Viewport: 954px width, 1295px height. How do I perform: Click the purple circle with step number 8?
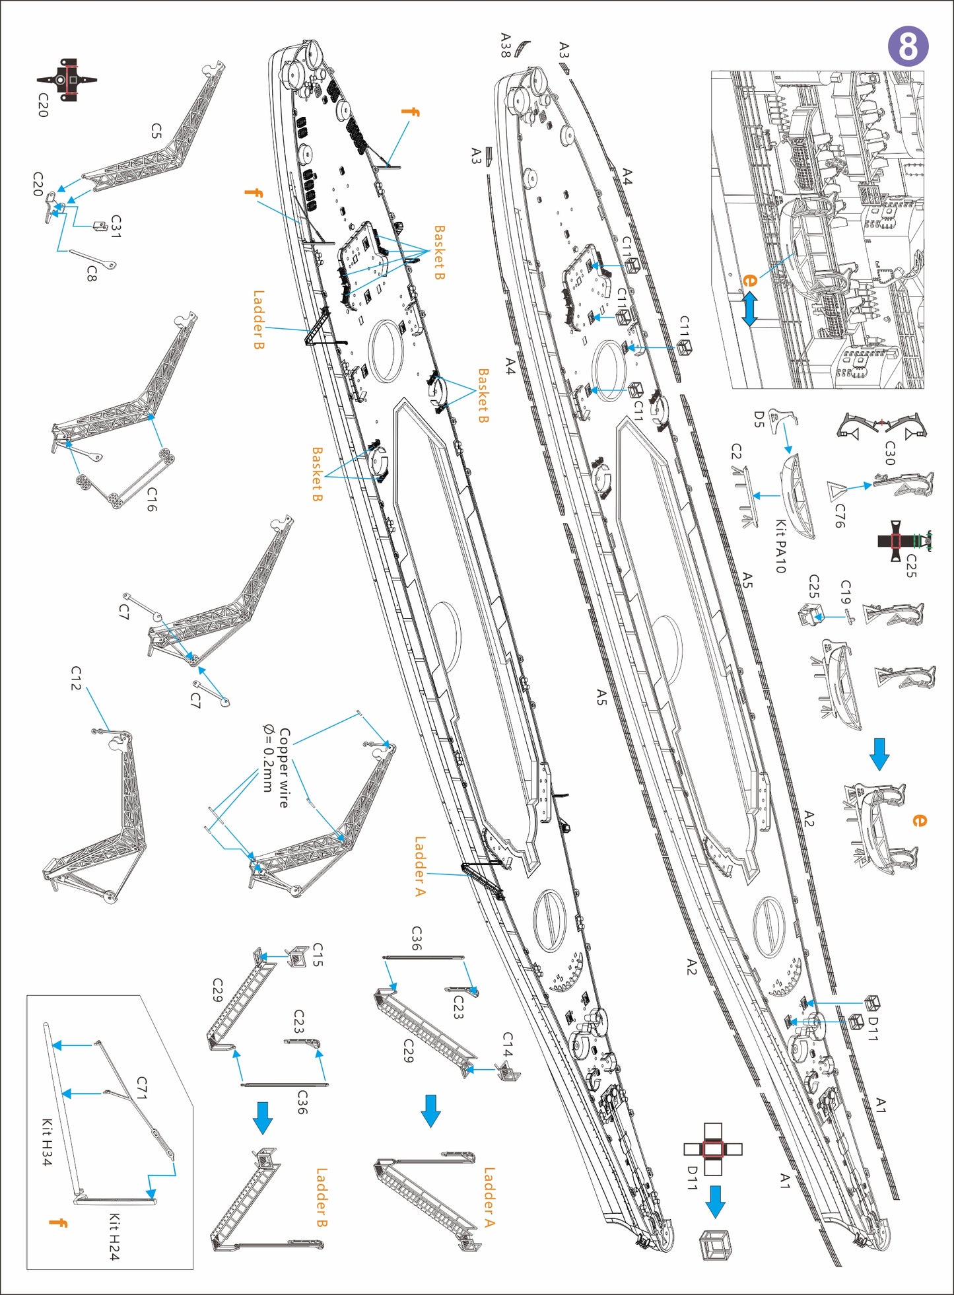(x=908, y=46)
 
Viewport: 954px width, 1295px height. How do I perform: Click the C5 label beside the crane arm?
(x=156, y=130)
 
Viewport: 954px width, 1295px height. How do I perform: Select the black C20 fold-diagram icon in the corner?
(x=67, y=79)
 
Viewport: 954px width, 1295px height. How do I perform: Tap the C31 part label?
(x=116, y=227)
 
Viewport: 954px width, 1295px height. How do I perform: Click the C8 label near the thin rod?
(x=92, y=273)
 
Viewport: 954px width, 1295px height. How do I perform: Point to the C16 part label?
(x=152, y=499)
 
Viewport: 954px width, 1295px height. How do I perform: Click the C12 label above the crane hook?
(x=77, y=678)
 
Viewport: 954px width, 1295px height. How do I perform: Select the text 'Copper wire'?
(x=285, y=767)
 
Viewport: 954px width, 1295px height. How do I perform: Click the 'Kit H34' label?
(x=47, y=1142)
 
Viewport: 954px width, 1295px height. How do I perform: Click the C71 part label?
(x=142, y=1088)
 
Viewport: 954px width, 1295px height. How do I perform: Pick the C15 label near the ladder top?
(x=318, y=955)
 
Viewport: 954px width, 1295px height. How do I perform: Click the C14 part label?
(x=507, y=1045)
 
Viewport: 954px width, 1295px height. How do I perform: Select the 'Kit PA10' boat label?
(x=780, y=546)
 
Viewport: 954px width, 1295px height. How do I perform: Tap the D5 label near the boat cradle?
(x=759, y=419)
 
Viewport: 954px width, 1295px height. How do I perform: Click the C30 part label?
(x=889, y=453)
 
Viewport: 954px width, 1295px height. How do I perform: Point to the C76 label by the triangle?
(x=839, y=516)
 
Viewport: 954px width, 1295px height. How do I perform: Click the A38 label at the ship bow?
(x=506, y=45)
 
